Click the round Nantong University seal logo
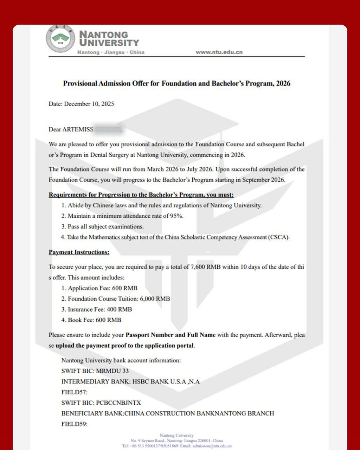[60, 39]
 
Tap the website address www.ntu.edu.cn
[219, 52]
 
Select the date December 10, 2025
[89, 104]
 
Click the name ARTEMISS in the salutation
[78, 129]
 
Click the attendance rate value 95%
[176, 216]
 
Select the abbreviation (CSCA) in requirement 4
[279, 237]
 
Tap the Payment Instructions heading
[79, 252]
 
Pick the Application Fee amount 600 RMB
[125, 288]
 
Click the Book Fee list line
[91, 320]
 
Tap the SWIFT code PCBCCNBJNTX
[118, 403]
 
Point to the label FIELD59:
[75, 424]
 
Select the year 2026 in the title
[283, 84]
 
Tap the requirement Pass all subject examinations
[105, 227]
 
